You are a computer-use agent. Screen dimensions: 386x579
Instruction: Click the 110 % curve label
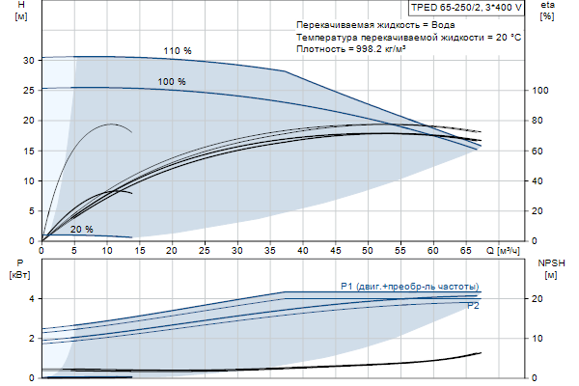pyautogui.click(x=178, y=50)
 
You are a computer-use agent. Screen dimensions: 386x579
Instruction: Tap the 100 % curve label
pyautogui.click(x=172, y=82)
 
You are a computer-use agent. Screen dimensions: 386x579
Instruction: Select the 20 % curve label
pyautogui.click(x=81, y=230)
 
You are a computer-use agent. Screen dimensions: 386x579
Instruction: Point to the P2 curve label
pyautogui.click(x=473, y=306)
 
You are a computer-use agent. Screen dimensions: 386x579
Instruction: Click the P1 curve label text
pyautogui.click(x=409, y=287)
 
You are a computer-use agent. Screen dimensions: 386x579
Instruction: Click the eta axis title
pyautogui.click(x=547, y=11)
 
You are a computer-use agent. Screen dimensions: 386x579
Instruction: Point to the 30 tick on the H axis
pyautogui.click(x=30, y=60)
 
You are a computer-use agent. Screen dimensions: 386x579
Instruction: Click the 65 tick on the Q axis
pyautogui.click(x=465, y=250)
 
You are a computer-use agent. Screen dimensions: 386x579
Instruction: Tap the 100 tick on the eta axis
pyautogui.click(x=541, y=90)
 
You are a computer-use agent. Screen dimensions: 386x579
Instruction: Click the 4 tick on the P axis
pyautogui.click(x=32, y=299)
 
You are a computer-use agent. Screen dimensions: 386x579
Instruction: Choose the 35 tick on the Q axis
pyautogui.click(x=270, y=250)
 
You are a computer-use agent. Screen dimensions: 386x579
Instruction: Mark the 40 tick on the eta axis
pyautogui.click(x=538, y=180)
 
